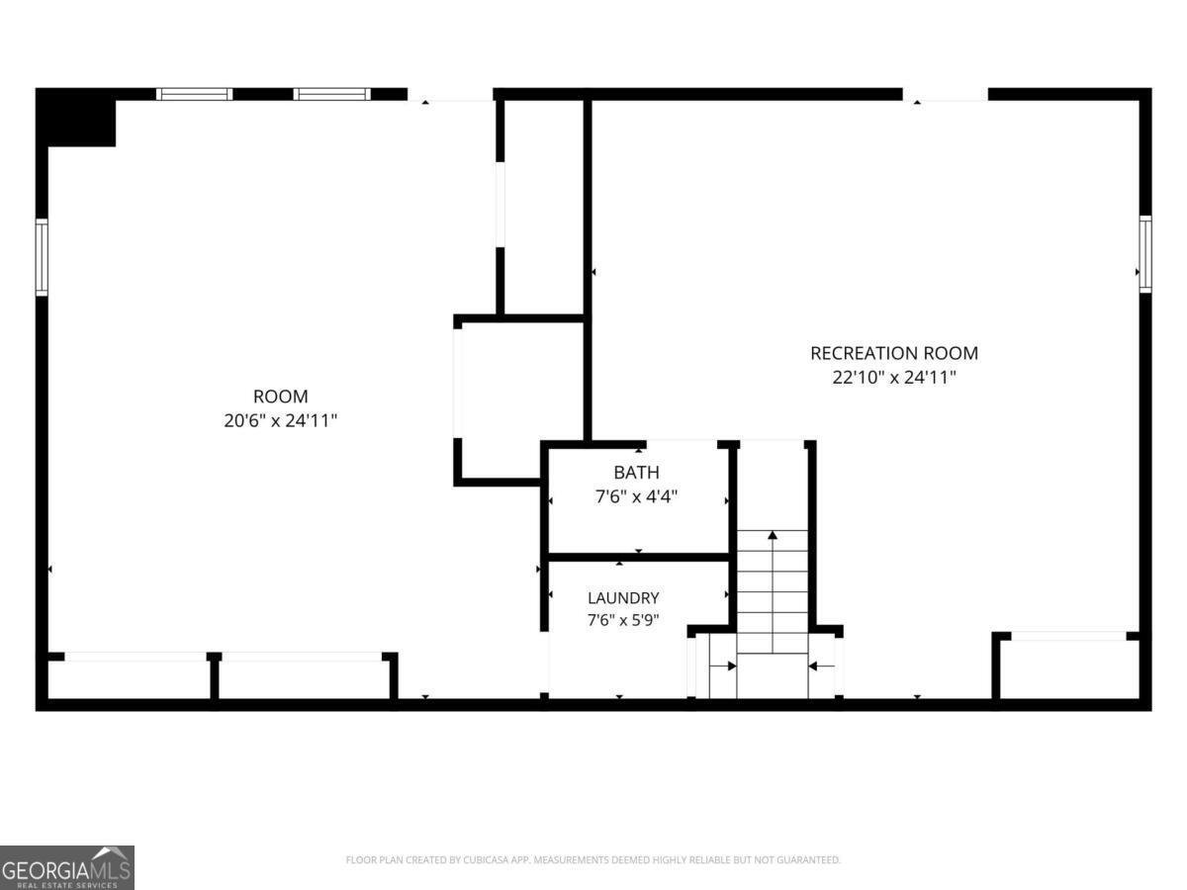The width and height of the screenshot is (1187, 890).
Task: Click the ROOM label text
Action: pyautogui.click(x=280, y=397)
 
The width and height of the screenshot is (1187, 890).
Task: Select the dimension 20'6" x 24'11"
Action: pyautogui.click(x=280, y=421)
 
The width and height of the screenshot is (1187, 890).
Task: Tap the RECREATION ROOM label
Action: pyautogui.click(x=894, y=353)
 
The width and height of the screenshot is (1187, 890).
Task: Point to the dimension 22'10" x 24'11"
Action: pyautogui.click(x=894, y=377)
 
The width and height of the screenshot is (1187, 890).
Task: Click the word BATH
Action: pyautogui.click(x=636, y=473)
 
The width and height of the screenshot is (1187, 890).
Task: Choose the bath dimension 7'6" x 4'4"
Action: pyautogui.click(x=636, y=496)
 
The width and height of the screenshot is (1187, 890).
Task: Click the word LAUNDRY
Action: pyautogui.click(x=623, y=598)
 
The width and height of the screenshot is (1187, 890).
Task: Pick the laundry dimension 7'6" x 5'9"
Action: pyautogui.click(x=623, y=620)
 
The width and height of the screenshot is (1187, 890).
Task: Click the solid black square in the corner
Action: pyautogui.click(x=77, y=118)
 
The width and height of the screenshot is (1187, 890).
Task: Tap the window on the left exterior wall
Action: pyautogui.click(x=42, y=257)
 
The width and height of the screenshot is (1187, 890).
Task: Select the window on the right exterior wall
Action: pyautogui.click(x=1144, y=254)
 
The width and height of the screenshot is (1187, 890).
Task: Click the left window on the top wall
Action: pyautogui.click(x=195, y=94)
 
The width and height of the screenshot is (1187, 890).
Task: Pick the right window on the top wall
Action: pyautogui.click(x=332, y=94)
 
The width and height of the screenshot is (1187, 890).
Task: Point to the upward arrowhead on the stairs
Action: pyautogui.click(x=773, y=535)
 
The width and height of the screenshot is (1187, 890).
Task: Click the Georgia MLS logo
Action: pyautogui.click(x=67, y=868)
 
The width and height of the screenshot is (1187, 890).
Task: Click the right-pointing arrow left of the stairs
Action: pyautogui.click(x=723, y=667)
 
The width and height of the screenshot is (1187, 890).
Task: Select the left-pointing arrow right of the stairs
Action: pyautogui.click(x=821, y=667)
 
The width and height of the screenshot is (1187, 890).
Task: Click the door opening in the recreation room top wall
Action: pyautogui.click(x=946, y=95)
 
